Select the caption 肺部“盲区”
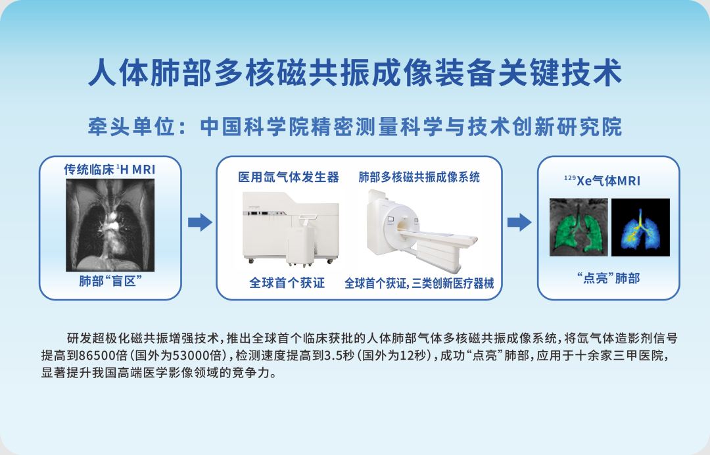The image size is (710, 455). (x=110, y=281)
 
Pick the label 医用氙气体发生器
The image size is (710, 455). (x=289, y=178)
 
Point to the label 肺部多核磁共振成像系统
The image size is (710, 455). (x=419, y=178)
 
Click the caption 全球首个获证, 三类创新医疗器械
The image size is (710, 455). (x=419, y=283)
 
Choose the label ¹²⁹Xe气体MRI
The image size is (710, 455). (x=602, y=181)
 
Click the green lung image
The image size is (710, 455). (x=578, y=227)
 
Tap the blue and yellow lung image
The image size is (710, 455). (x=640, y=227)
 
